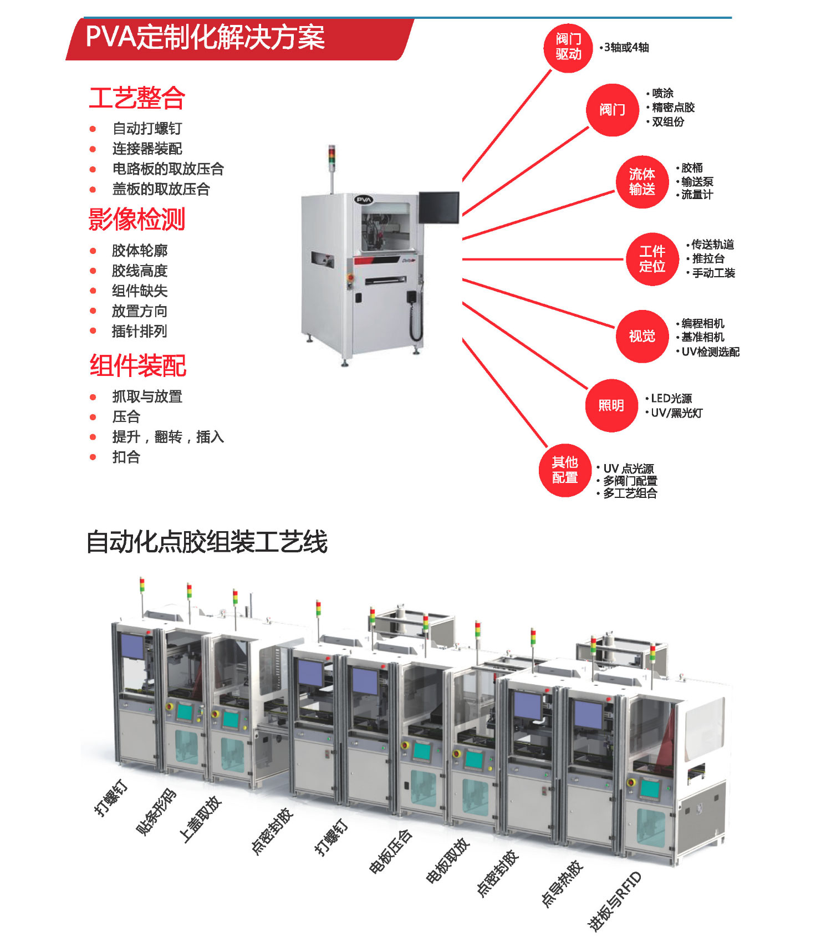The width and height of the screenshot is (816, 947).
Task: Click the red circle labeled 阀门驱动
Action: point(568,47)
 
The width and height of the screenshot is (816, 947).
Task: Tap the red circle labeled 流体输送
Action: point(642,182)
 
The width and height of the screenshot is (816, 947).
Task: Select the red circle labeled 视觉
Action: point(642,336)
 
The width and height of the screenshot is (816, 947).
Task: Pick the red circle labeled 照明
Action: point(611,405)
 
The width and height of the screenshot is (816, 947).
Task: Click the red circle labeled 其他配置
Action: point(565,470)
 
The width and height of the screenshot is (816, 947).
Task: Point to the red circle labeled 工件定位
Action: point(652,259)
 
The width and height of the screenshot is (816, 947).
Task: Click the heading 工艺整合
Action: point(137,98)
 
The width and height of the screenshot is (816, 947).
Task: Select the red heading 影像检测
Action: point(137,220)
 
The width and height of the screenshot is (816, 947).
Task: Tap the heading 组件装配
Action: point(138,366)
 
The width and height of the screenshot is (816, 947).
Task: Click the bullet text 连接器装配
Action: point(147,149)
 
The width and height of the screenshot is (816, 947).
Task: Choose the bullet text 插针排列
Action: point(139,332)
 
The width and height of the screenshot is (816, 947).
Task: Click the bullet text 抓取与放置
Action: point(147,396)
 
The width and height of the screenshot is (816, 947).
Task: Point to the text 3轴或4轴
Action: point(626,48)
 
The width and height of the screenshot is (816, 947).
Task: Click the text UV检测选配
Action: point(710,352)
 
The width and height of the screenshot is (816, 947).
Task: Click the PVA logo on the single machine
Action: point(364,200)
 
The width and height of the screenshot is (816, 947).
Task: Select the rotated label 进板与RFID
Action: point(614,901)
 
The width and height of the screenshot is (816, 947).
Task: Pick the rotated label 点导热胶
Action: point(562,884)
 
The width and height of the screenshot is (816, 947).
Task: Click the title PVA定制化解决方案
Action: point(205,38)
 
